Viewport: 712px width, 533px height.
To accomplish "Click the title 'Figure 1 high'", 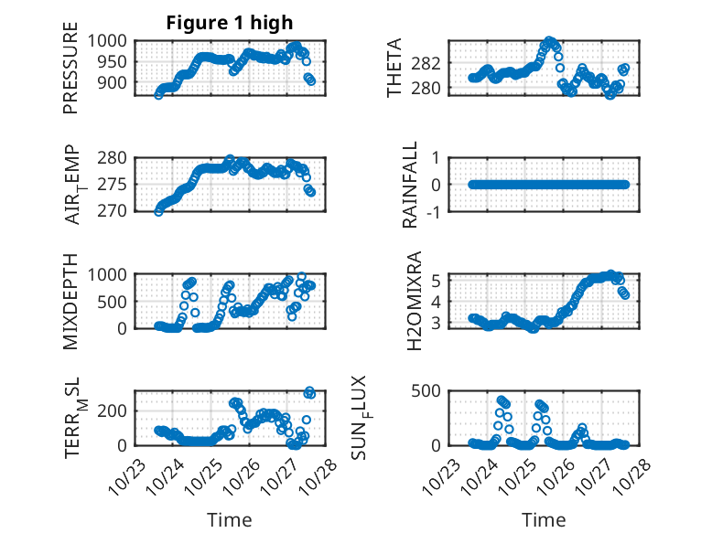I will coord(230,23).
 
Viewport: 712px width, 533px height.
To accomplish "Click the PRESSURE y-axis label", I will coord(70,74).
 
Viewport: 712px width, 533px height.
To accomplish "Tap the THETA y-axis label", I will coord(394,68).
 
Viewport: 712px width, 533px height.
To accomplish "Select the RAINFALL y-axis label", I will coord(411,184).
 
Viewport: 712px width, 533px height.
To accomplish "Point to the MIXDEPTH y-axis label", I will coord(70,300).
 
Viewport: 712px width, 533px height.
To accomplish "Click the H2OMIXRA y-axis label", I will coord(414,301).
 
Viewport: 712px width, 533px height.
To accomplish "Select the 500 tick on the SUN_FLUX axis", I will coord(434,391).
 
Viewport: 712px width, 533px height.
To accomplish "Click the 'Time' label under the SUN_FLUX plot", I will coord(544,520).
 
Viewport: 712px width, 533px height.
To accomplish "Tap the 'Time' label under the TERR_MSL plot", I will coord(229,520).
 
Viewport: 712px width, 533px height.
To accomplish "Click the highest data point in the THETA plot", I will coord(549,41).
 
